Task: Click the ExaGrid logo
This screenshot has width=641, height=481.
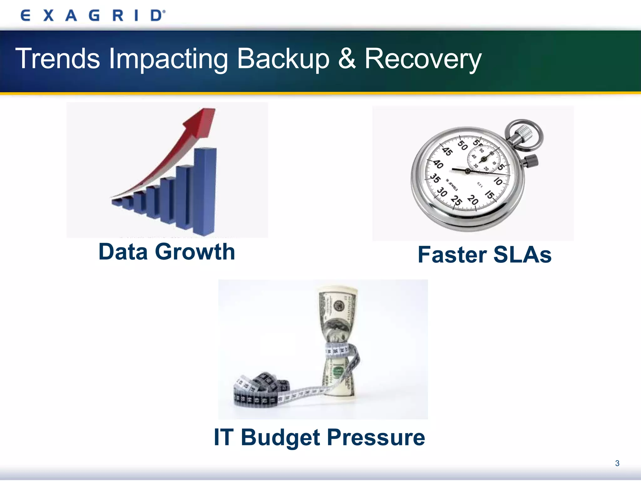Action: click(93, 15)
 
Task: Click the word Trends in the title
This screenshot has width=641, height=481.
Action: click(58, 59)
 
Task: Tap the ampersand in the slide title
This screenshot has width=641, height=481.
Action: click(347, 59)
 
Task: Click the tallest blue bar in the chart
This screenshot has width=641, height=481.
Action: click(205, 191)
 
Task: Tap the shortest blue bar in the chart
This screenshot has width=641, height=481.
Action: click(116, 202)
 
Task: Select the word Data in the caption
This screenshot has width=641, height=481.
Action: click(123, 252)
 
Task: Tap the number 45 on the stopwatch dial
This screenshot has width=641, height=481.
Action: click(447, 152)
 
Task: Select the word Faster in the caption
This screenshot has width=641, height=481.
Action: click(452, 255)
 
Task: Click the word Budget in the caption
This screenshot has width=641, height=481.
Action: click(280, 437)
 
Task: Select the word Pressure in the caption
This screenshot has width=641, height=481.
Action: click(376, 437)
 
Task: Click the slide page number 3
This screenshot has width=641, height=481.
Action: click(617, 463)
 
